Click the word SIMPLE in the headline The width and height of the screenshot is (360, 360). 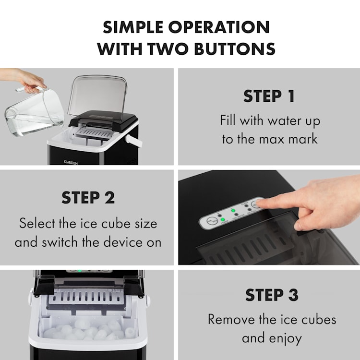(x=133, y=27)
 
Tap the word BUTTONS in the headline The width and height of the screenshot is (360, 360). (x=235, y=48)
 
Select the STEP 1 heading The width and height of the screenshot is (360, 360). (x=269, y=96)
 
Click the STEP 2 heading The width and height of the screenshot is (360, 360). (x=88, y=197)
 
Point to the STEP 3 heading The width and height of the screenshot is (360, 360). (x=272, y=295)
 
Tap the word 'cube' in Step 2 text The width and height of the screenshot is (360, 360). (x=116, y=223)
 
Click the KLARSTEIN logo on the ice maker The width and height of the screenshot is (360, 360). (x=71, y=163)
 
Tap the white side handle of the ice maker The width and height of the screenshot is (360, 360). (x=133, y=141)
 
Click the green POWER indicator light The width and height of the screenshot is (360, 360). (x=222, y=219)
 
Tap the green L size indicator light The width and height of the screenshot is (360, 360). (x=233, y=210)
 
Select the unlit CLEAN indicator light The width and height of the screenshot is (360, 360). (x=246, y=206)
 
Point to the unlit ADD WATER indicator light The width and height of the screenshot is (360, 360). (x=236, y=215)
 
